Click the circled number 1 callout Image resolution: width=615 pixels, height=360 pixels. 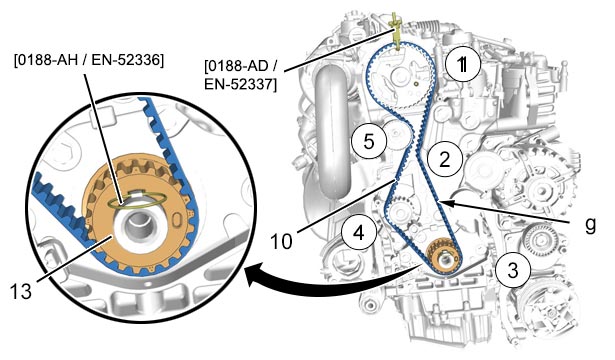(x=463, y=64)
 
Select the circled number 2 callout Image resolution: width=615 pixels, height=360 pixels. (x=445, y=160)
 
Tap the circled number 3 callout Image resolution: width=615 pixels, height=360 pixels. (x=513, y=270)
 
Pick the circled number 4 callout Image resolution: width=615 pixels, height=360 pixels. (x=359, y=233)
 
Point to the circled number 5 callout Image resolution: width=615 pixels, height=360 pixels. (x=369, y=141)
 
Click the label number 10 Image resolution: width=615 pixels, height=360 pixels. (x=281, y=242)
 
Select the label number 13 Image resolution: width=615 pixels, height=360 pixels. (x=20, y=291)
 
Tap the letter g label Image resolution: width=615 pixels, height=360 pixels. (x=590, y=225)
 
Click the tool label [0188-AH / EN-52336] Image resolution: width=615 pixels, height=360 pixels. (x=89, y=60)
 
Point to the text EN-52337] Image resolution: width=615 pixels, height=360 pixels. (x=240, y=84)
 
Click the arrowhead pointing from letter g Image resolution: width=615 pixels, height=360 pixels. (x=447, y=203)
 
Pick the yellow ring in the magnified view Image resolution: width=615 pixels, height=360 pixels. (x=138, y=200)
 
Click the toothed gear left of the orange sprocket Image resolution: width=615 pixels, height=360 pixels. (x=400, y=211)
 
